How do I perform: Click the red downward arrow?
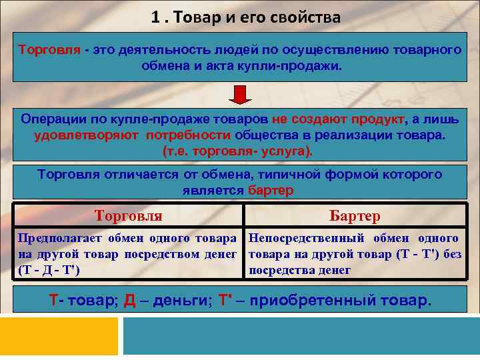click(240, 93)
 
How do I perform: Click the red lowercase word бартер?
click(271, 191)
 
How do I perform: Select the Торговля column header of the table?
click(129, 216)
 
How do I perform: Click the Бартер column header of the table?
click(355, 216)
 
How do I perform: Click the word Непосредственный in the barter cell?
click(306, 238)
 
